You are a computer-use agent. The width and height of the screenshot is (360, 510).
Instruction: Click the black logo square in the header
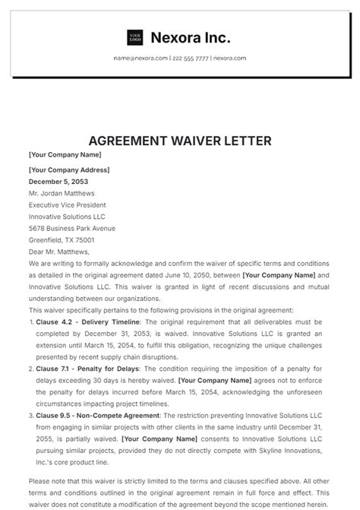click(134, 37)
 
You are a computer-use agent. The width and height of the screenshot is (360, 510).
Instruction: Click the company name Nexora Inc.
click(190, 37)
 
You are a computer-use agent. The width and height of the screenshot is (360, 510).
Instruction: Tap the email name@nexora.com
click(141, 58)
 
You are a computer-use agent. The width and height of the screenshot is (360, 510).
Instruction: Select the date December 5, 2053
click(59, 182)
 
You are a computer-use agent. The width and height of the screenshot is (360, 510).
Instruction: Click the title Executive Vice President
click(67, 205)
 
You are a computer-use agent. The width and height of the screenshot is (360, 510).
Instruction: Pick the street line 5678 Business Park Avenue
click(71, 228)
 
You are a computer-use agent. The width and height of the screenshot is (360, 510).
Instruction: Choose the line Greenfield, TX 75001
click(62, 239)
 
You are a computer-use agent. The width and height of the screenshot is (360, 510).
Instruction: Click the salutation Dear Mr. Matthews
click(59, 252)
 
